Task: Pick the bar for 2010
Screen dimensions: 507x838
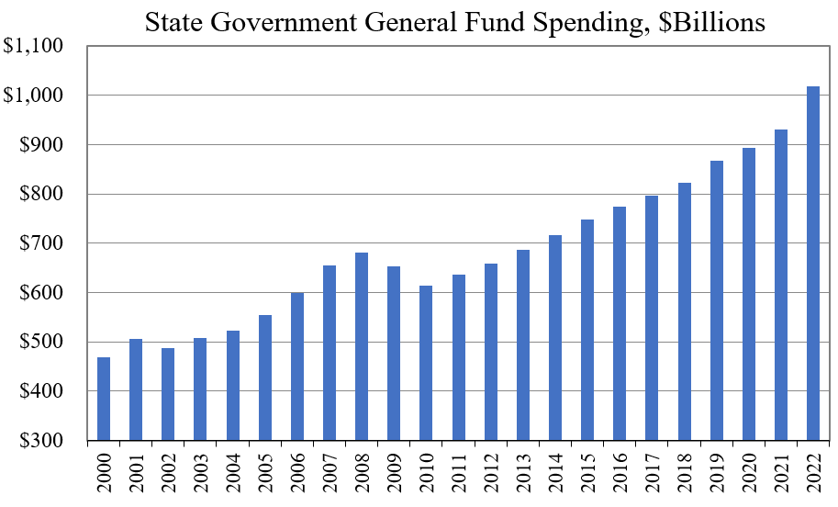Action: (x=426, y=363)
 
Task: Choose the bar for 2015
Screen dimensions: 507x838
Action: (x=587, y=330)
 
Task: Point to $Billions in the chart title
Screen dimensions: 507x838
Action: (x=696, y=22)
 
